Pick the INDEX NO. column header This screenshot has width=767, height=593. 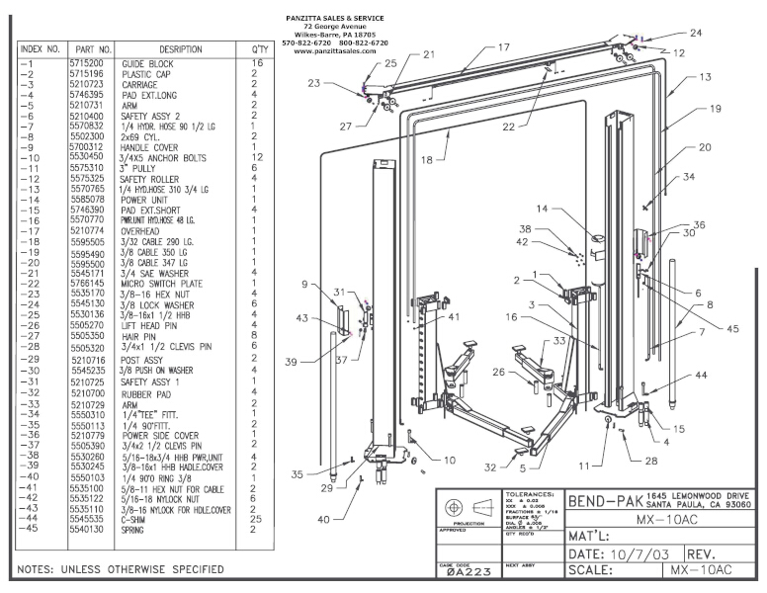[41, 47]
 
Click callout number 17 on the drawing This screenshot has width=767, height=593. [503, 46]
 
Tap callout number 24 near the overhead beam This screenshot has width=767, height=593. [697, 33]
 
